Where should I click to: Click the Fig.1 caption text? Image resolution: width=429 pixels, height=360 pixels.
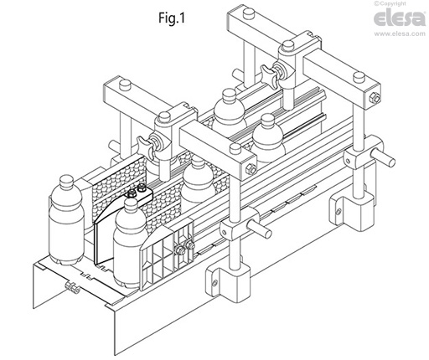[172, 18]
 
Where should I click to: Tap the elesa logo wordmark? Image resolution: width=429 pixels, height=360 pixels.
[400, 18]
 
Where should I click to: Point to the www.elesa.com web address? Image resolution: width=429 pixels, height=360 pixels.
[400, 33]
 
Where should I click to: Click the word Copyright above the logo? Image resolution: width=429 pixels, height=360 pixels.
[393, 3]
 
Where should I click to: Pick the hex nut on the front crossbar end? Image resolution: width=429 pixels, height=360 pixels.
[251, 169]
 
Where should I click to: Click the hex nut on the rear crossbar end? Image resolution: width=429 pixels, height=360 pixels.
[374, 98]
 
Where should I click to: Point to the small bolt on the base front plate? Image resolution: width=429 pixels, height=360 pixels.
[71, 287]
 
